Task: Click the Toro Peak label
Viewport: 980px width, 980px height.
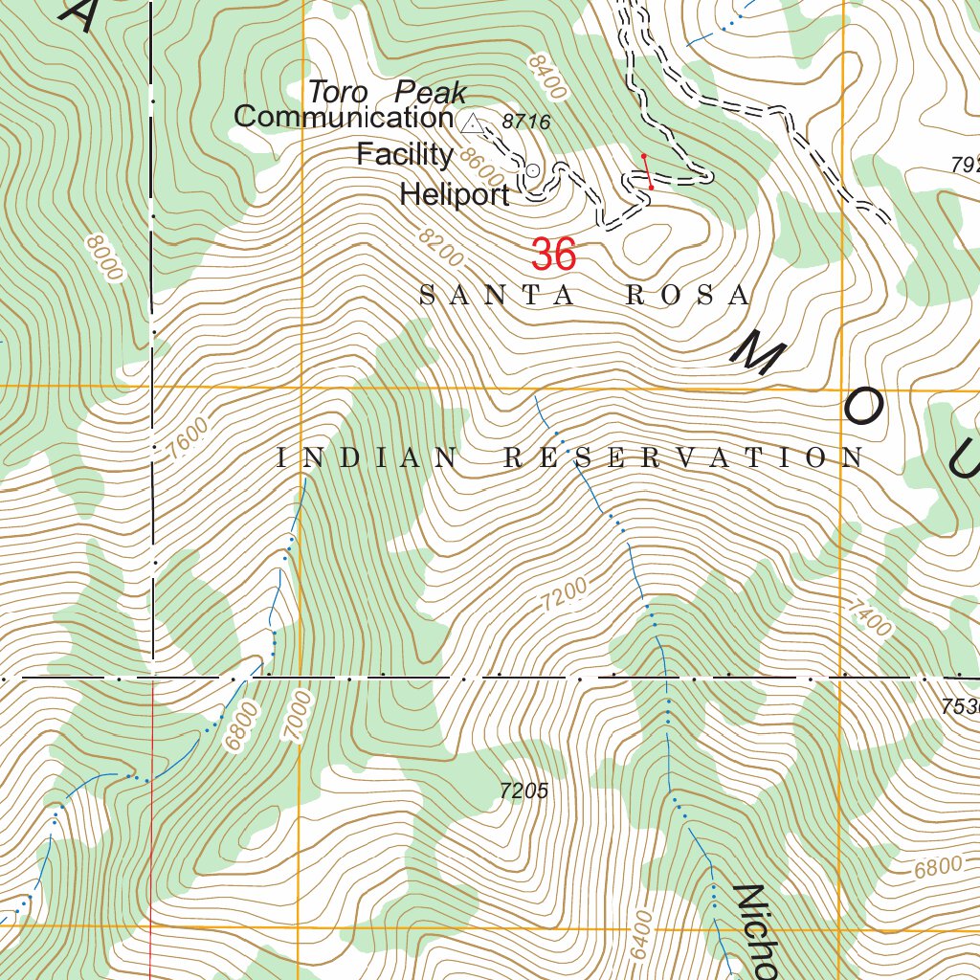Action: [x=387, y=93]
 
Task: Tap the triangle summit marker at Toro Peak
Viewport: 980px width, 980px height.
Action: [x=471, y=122]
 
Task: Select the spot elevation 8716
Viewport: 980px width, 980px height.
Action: [x=526, y=122]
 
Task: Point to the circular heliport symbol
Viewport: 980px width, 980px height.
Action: [x=533, y=170]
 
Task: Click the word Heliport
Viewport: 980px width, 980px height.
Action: [x=455, y=195]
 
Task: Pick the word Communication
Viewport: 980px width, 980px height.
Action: [x=343, y=118]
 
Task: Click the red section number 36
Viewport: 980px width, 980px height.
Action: [x=553, y=256]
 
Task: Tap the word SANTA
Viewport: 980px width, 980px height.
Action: [x=497, y=296]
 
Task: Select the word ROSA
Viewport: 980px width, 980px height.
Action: [x=687, y=296]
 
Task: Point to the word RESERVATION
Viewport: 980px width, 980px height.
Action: [x=683, y=458]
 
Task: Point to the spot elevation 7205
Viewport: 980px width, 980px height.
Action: [x=523, y=791]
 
